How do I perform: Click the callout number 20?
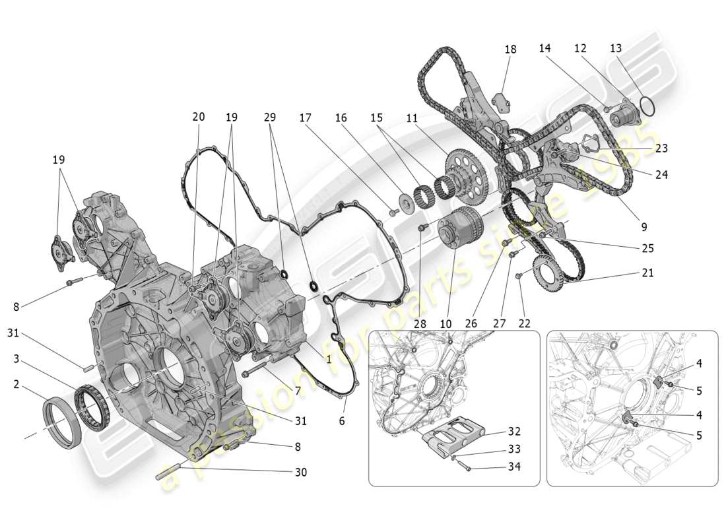point(198,117)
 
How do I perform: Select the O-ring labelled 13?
point(648,108)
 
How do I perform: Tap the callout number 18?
point(510,49)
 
